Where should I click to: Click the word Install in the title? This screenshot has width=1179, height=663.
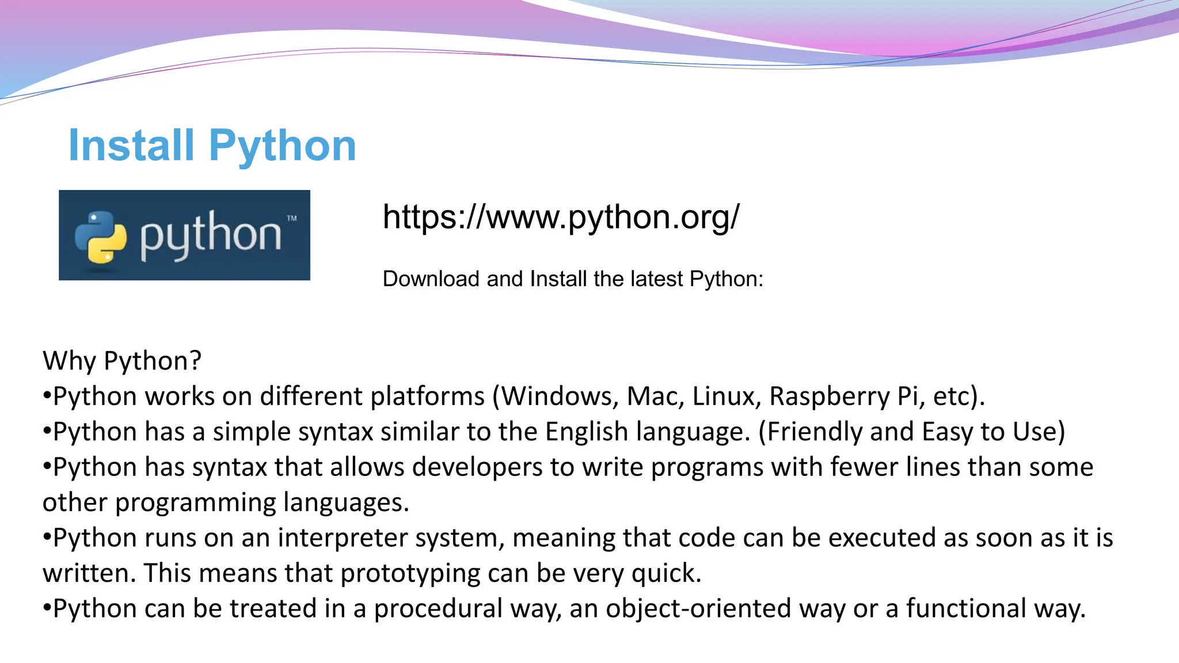pyautogui.click(x=131, y=146)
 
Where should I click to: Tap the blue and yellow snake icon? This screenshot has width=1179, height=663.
pyautogui.click(x=101, y=237)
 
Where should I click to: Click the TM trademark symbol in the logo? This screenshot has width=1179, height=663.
pyautogui.click(x=292, y=219)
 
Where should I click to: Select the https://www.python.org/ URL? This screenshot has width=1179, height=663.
pyautogui.click(x=561, y=218)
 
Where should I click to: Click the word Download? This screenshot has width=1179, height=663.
pyautogui.click(x=431, y=279)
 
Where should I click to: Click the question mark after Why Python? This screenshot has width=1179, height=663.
pyautogui.click(x=196, y=361)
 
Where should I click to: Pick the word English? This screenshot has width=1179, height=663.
pyautogui.click(x=586, y=432)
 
